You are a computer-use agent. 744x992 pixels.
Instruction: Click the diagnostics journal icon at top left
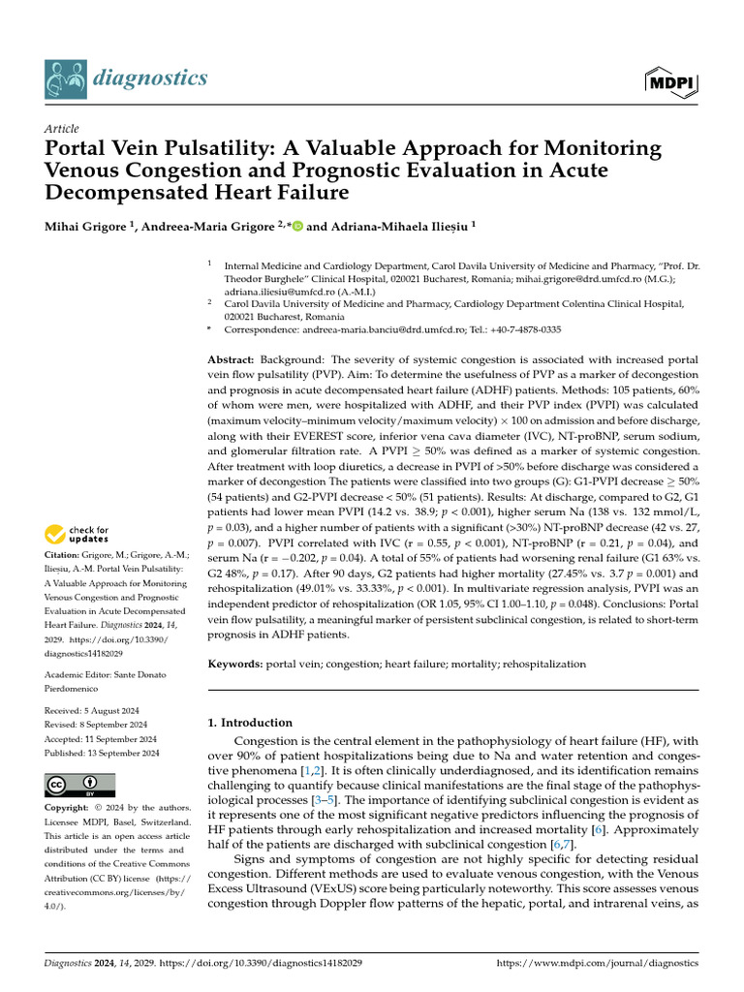pyautogui.click(x=63, y=77)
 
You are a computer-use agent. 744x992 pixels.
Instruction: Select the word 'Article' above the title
pyautogui.click(x=62, y=129)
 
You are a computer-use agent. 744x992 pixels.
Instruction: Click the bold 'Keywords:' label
pyautogui.click(x=235, y=665)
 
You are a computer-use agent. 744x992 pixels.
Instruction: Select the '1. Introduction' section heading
pyautogui.click(x=251, y=723)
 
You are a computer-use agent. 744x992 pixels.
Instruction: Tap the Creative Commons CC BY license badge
pyautogui.click(x=80, y=784)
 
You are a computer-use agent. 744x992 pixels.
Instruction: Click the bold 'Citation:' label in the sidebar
pyautogui.click(x=67, y=555)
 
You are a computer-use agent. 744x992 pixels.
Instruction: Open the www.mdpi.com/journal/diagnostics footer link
pyautogui.click(x=597, y=965)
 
